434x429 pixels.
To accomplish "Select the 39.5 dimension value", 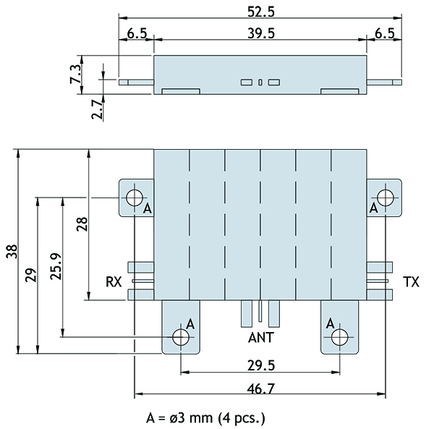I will coord(260,34).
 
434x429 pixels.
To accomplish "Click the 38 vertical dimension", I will coord(10,252).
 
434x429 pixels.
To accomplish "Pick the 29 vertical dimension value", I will coord(30,275).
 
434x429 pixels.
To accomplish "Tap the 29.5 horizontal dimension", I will coord(260,365).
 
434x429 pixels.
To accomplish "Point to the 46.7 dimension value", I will coord(260,388).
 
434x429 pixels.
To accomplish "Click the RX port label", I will coord(114,282).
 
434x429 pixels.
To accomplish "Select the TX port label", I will coord(410,282).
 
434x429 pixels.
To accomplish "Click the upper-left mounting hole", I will coord(134,197).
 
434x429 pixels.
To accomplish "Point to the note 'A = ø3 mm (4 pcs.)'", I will coord(206,417).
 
